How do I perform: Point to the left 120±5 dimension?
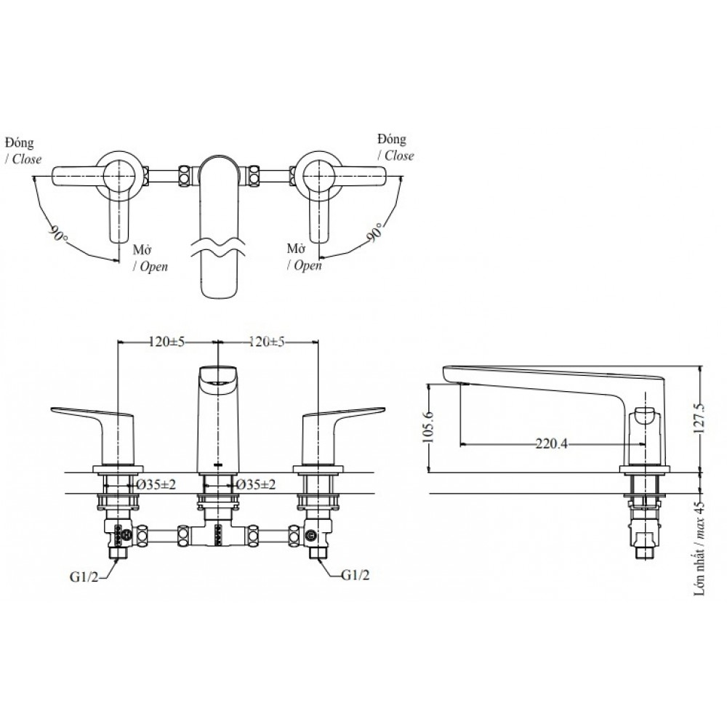(167, 342)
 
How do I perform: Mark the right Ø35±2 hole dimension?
(254, 484)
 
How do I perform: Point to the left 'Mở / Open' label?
(150, 258)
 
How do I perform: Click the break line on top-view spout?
(218, 244)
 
